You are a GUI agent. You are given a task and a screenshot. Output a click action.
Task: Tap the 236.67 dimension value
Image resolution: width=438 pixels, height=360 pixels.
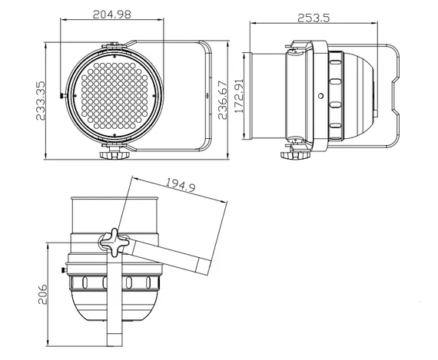(223, 97)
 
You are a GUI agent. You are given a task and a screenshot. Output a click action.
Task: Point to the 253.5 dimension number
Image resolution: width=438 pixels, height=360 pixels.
(324, 18)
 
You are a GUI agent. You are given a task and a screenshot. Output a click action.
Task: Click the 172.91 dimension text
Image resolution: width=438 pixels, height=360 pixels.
(239, 97)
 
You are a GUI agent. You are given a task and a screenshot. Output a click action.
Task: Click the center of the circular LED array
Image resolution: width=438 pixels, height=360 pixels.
(114, 96)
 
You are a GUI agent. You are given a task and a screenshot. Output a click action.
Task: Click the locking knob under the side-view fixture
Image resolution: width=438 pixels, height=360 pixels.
(292, 154)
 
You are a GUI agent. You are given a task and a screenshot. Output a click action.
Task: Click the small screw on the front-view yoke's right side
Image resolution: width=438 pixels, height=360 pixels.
(209, 97)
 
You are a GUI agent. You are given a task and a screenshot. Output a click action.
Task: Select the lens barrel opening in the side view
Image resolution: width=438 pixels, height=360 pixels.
(250, 96)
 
